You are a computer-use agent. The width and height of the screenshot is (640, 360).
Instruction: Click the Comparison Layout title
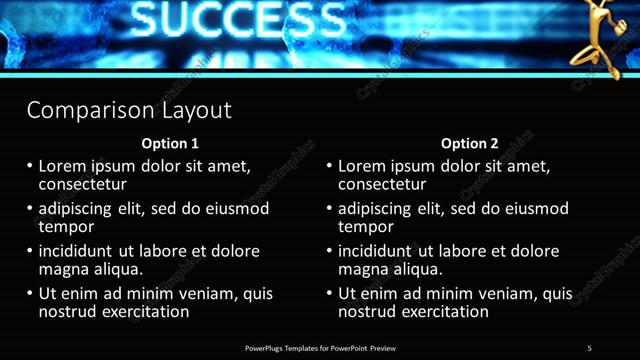click(x=129, y=110)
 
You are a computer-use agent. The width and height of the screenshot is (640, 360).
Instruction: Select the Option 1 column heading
click(x=170, y=144)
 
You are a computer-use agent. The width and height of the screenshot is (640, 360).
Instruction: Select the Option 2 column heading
click(x=469, y=144)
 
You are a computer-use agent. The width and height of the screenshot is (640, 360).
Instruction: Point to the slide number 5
click(x=590, y=348)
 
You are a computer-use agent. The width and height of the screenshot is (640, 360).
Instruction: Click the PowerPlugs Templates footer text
click(x=320, y=348)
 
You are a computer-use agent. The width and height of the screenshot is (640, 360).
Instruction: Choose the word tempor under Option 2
click(x=366, y=227)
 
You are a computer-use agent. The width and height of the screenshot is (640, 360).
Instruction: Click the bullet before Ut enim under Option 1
click(x=30, y=294)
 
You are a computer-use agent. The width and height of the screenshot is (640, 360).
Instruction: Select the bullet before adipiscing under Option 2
click(x=329, y=209)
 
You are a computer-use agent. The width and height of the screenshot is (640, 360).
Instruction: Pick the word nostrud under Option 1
click(x=68, y=312)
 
